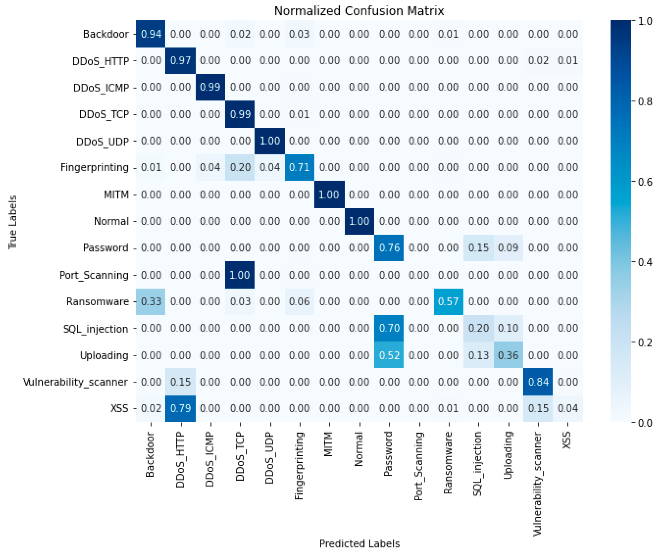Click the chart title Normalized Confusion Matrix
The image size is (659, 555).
pos(359,11)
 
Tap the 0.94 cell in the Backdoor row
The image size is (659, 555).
pos(151,34)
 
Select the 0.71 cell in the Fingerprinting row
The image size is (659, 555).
pos(299,168)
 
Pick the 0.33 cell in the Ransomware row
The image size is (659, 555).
pos(151,302)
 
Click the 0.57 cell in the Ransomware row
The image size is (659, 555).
pos(448,302)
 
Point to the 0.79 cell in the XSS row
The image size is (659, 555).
pos(180,408)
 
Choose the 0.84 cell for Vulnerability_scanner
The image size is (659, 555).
pos(538,382)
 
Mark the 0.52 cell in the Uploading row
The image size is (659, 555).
pos(389,355)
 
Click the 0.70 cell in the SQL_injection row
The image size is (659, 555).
pos(389,329)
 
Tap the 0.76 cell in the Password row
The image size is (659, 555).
pos(389,248)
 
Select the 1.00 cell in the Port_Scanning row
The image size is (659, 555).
pos(240,275)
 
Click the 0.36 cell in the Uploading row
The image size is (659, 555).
pos(508,355)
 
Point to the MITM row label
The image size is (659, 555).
pos(116,195)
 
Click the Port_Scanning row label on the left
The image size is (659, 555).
pos(94,275)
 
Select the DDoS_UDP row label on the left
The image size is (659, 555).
pos(103,142)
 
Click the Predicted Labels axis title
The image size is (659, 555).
pos(359,544)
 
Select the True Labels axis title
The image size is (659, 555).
pos(13,222)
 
